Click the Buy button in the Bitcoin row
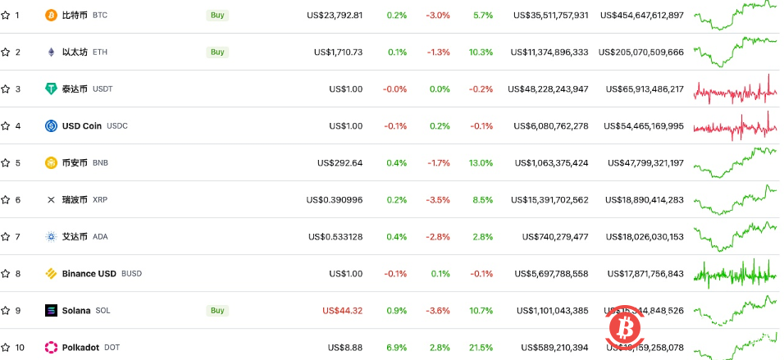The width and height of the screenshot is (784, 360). coord(217,15)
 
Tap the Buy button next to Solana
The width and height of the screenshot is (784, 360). coord(217,311)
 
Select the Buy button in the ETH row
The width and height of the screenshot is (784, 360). coord(217,52)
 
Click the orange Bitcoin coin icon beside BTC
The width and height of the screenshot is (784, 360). coord(51,15)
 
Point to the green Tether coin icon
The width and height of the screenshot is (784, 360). coord(51,89)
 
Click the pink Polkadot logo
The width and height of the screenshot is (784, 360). coord(51,348)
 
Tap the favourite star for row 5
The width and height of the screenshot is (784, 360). coord(6,162)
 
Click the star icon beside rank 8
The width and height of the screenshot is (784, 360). coord(6,274)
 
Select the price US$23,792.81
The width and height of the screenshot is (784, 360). coord(335,15)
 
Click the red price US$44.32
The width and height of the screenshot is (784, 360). coord(343,311)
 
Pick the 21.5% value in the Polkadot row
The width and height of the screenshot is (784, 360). coord(481,348)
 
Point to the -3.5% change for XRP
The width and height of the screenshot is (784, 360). coord(439,199)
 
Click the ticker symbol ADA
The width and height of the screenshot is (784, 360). coord(100,237)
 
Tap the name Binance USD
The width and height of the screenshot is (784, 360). coord(89,274)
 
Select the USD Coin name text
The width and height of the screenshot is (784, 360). coord(82,125)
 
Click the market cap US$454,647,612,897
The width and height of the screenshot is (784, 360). coord(642,15)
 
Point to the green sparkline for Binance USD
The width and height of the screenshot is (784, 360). coord(735,274)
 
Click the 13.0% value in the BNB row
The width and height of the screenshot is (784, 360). coord(481,162)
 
